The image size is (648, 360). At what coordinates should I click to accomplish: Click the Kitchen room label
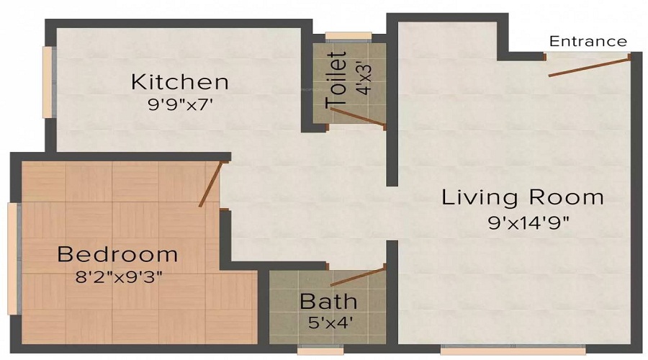tap(179, 81)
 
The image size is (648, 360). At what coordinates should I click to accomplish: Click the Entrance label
tap(588, 42)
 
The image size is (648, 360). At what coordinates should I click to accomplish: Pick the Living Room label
tap(523, 197)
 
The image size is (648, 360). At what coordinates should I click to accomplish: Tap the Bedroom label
tap(117, 254)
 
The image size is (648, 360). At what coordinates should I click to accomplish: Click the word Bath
tap(328, 300)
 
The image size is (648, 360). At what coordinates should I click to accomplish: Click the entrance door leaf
tap(589, 65)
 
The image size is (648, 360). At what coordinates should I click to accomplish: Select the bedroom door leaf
tap(212, 184)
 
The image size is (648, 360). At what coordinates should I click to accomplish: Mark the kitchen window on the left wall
tap(49, 81)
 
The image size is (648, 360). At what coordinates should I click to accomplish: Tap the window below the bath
tap(319, 351)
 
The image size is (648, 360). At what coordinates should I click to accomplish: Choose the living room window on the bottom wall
tap(499, 351)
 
